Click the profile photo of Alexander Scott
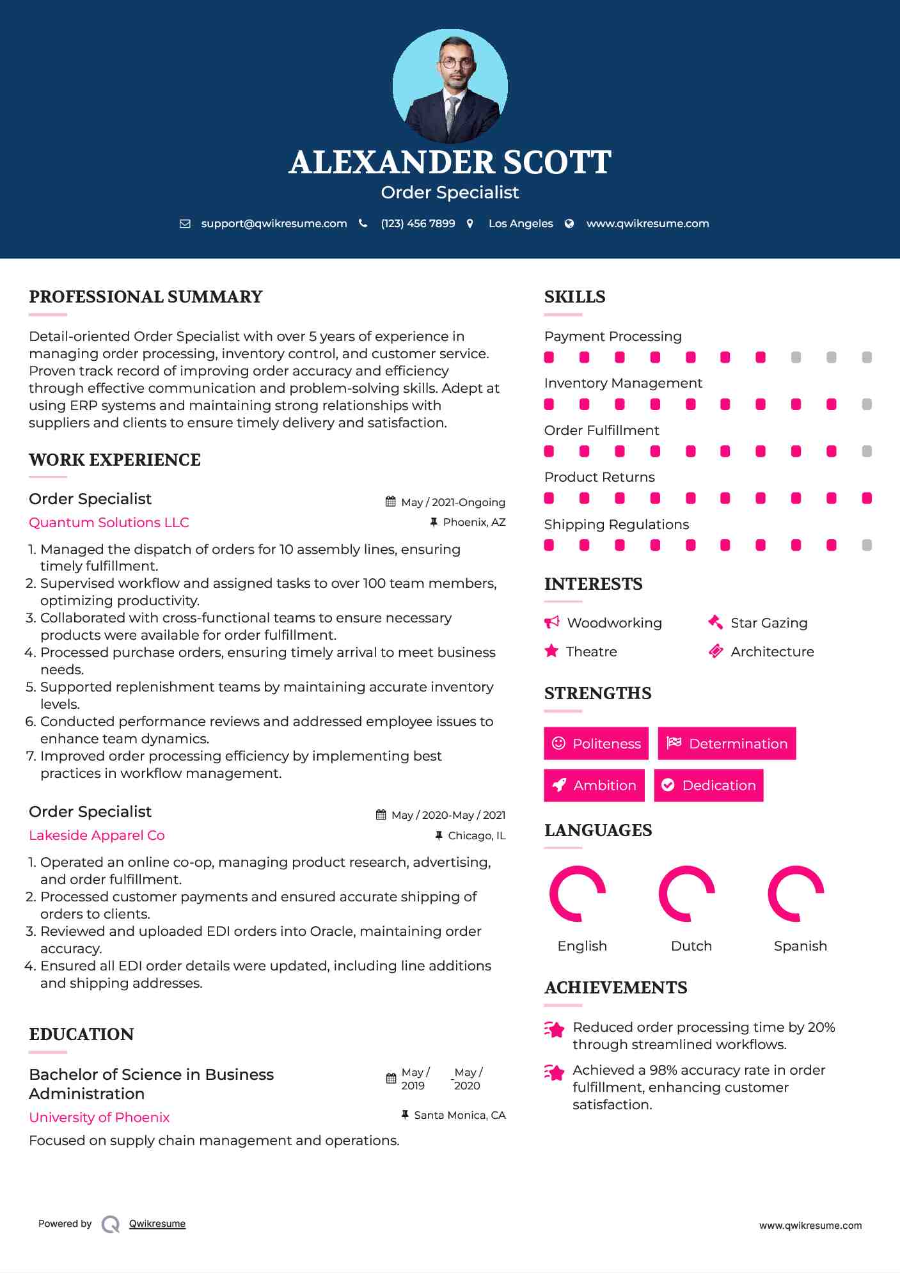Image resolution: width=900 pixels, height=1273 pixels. pyautogui.click(x=450, y=86)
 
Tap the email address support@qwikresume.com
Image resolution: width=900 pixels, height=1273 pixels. pyautogui.click(x=274, y=223)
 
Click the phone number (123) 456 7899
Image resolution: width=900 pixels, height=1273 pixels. pyautogui.click(x=418, y=223)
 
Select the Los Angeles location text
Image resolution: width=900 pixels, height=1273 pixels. pyautogui.click(x=521, y=223)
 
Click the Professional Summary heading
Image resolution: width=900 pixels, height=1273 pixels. pyautogui.click(x=146, y=297)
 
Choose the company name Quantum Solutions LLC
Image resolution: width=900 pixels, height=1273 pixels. pyautogui.click(x=109, y=523)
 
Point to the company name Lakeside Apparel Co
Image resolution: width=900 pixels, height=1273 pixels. pyautogui.click(x=97, y=835)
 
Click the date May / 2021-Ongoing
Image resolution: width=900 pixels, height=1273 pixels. pyautogui.click(x=453, y=502)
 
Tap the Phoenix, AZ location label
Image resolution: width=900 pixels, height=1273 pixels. pyautogui.click(x=474, y=522)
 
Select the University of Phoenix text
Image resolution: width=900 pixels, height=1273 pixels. pyautogui.click(x=99, y=1118)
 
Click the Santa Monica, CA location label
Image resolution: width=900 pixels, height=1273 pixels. pyautogui.click(x=459, y=1115)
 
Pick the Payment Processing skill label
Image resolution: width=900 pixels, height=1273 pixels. pyautogui.click(x=613, y=336)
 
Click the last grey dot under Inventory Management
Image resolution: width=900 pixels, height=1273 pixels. pyautogui.click(x=867, y=404)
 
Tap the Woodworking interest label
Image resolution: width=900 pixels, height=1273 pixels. pyautogui.click(x=614, y=623)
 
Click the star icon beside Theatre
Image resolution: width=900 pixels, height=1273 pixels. pyautogui.click(x=551, y=651)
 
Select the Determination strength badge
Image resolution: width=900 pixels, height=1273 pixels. pyautogui.click(x=727, y=743)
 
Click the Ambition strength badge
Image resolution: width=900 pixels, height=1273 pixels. pyautogui.click(x=594, y=786)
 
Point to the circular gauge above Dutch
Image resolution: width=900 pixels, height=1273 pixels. pyautogui.click(x=687, y=894)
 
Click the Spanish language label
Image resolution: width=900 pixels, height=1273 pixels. pyautogui.click(x=800, y=946)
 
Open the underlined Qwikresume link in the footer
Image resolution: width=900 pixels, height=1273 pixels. pyautogui.click(x=157, y=1224)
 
